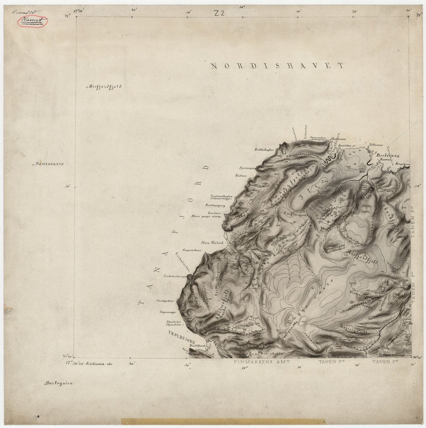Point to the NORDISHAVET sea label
277,65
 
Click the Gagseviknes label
192,250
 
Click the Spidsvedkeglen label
222,195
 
